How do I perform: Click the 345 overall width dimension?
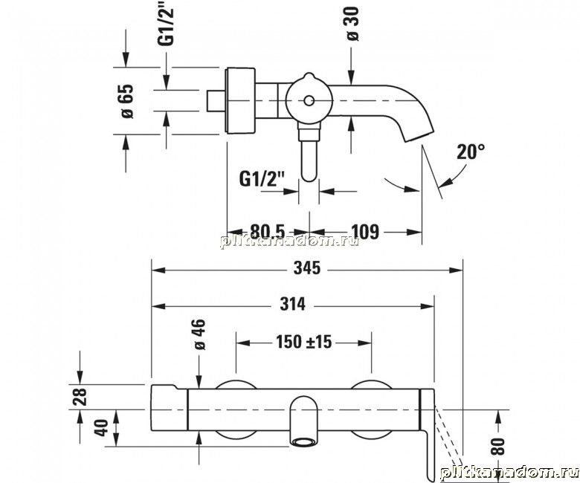click(307, 268)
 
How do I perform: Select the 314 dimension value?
click(292, 304)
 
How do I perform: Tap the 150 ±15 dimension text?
click(304, 342)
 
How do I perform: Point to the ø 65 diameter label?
click(127, 101)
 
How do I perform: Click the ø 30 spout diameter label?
click(353, 24)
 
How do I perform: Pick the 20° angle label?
click(471, 152)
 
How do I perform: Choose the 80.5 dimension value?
click(268, 232)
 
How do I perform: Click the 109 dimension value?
click(365, 232)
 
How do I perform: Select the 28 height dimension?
click(80, 397)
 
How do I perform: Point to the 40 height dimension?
click(101, 427)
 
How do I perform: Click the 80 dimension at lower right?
click(497, 446)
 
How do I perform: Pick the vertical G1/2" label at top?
click(166, 26)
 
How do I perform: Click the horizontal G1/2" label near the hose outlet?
click(261, 180)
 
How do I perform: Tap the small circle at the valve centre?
click(309, 100)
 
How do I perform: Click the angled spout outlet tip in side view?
click(419, 137)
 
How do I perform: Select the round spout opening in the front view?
click(304, 441)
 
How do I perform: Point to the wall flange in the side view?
click(241, 100)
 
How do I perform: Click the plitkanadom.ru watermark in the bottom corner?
click(509, 473)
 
